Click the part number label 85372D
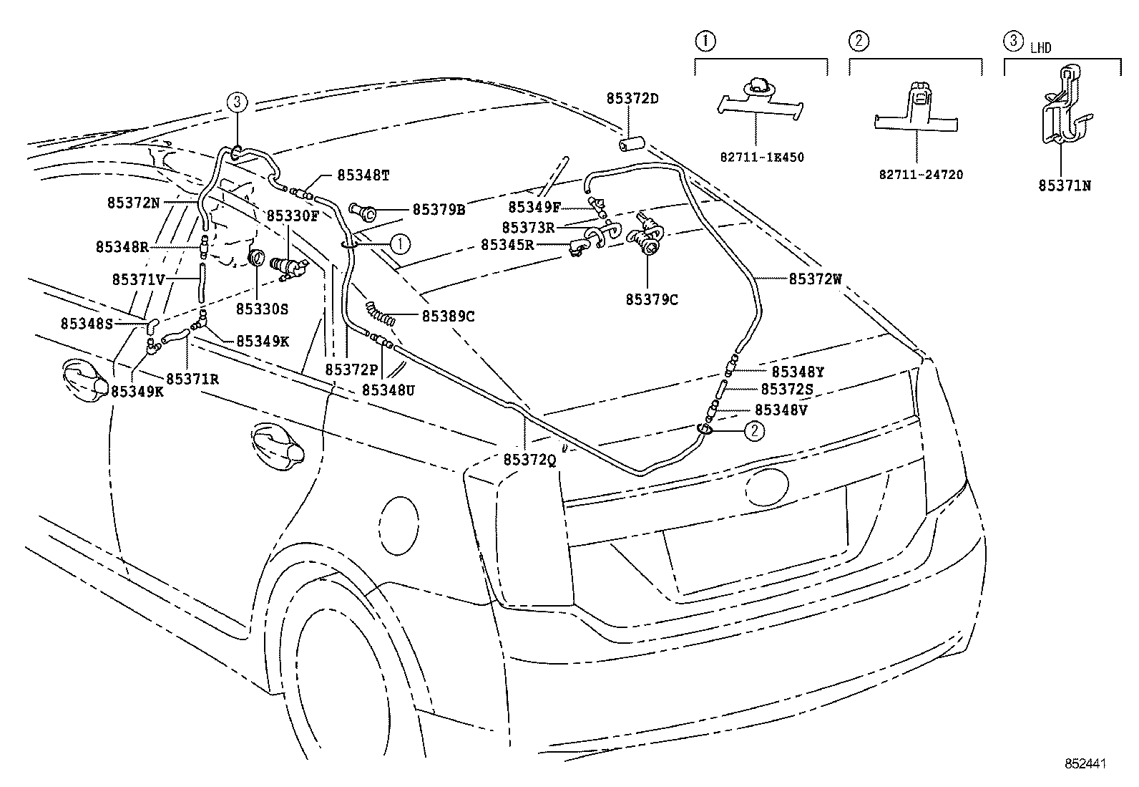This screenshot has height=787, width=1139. point(632,100)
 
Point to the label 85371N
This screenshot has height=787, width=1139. point(1065,185)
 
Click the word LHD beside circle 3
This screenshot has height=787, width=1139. point(1040,48)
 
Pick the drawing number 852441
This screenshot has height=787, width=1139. point(1084,764)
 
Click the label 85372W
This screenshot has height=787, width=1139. point(815,279)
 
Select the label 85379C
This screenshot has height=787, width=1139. point(651,299)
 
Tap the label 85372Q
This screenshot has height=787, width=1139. point(529,460)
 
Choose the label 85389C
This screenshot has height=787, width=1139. point(448,316)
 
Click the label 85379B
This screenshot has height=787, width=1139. point(439,210)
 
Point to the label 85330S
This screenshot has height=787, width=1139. point(262,309)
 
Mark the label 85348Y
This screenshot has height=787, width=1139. point(798,372)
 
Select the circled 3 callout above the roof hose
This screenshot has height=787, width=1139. point(238,102)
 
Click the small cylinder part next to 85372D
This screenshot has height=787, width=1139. point(630,145)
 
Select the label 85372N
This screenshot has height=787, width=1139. point(134,203)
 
